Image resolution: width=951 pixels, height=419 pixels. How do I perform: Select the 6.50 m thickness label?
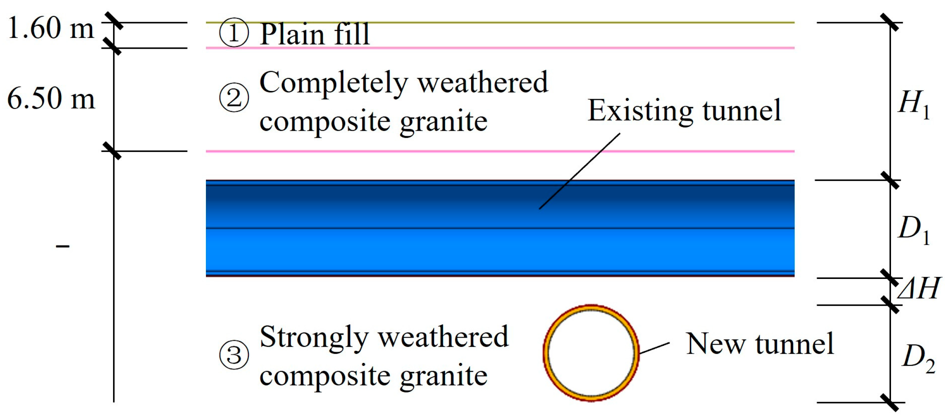pos(51,98)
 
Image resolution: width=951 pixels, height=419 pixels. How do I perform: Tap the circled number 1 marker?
pos(234,33)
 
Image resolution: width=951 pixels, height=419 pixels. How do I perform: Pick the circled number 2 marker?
pos(234,97)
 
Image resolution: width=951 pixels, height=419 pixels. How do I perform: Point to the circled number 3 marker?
pos(234,355)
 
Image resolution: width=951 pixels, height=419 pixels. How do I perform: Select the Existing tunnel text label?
pos(684,111)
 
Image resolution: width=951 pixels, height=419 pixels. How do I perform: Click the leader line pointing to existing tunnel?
pos(579,171)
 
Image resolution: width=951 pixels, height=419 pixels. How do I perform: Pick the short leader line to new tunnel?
pos(655,348)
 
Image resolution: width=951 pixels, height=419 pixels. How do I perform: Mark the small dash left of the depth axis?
pos(63,246)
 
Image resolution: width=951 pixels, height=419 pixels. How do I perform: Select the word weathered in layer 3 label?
pos(443,337)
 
